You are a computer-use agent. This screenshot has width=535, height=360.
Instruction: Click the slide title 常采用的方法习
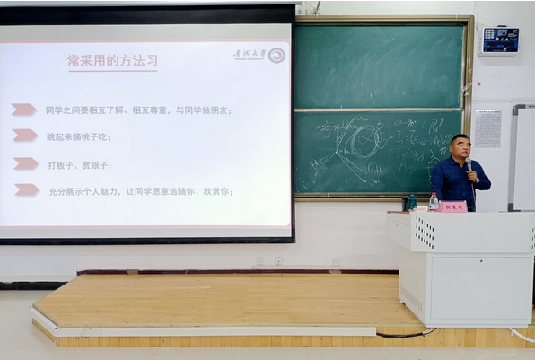112,61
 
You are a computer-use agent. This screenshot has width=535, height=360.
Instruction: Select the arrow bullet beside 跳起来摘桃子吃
25,136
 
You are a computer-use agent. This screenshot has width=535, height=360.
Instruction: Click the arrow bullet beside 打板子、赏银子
25,163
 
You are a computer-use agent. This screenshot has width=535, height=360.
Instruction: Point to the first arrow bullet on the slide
24,110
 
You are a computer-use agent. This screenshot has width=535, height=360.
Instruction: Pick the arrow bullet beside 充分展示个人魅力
26,189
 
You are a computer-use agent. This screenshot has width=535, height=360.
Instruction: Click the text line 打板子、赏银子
78,164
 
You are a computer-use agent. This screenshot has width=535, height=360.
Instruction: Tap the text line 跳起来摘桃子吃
78,136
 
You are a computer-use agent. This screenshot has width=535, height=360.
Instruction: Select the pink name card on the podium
452,206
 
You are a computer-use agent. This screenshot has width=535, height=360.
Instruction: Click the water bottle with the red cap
434,202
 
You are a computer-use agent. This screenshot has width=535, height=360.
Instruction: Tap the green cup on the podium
412,203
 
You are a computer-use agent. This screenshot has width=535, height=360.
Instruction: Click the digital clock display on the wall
500,39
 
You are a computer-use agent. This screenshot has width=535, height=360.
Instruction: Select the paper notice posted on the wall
487,128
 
